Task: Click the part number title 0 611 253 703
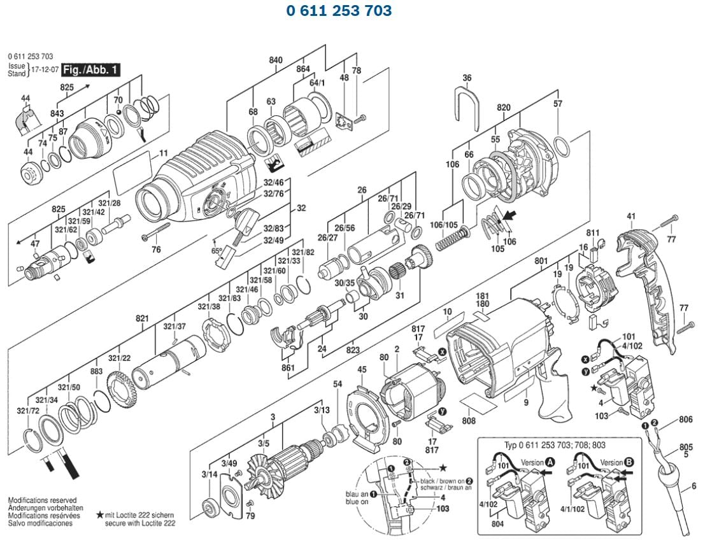coord(338,11)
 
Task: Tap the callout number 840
coord(275,60)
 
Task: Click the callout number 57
coord(558,104)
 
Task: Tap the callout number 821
coord(142,318)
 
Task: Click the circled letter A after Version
coord(549,462)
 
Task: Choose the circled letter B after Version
coord(629,462)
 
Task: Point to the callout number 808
coord(469,420)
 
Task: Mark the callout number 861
coord(288,367)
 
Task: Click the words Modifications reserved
coord(42,500)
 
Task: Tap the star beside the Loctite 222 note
coord(100,514)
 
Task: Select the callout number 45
coord(362,370)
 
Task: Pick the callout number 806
coord(685,420)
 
